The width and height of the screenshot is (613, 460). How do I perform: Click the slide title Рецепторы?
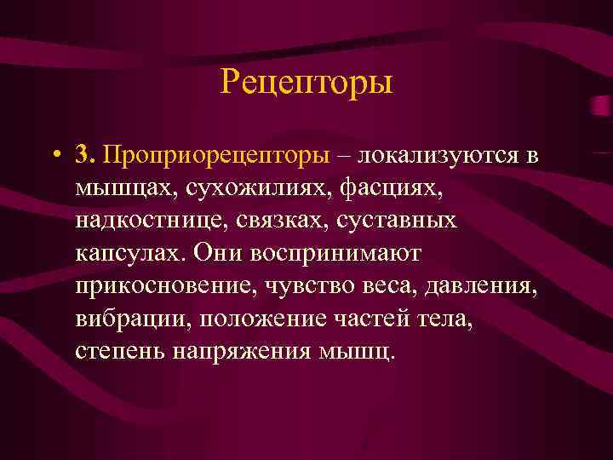click(306, 83)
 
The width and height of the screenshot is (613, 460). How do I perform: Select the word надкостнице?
click(140, 221)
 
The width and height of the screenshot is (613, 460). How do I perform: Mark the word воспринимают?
click(337, 254)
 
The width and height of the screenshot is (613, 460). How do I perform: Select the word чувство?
click(301, 286)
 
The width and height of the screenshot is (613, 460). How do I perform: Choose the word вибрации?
click(121, 319)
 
